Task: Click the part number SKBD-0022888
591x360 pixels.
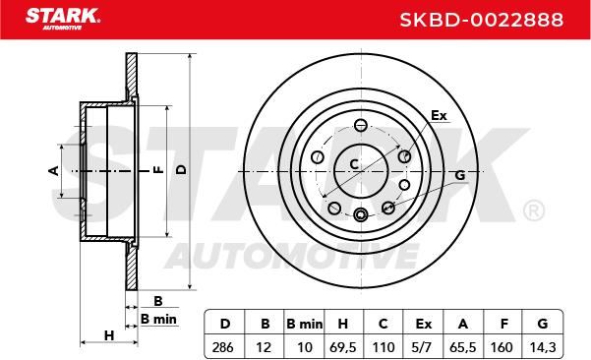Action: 481,20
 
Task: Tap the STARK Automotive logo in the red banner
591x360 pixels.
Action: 63,19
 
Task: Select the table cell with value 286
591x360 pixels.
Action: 223,347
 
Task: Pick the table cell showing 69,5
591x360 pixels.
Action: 343,347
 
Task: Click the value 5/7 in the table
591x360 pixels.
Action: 422,347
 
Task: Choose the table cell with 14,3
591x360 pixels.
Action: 543,347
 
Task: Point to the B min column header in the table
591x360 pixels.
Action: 304,324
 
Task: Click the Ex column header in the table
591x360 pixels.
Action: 423,324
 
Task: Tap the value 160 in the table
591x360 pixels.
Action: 502,347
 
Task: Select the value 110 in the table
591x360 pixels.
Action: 383,347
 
